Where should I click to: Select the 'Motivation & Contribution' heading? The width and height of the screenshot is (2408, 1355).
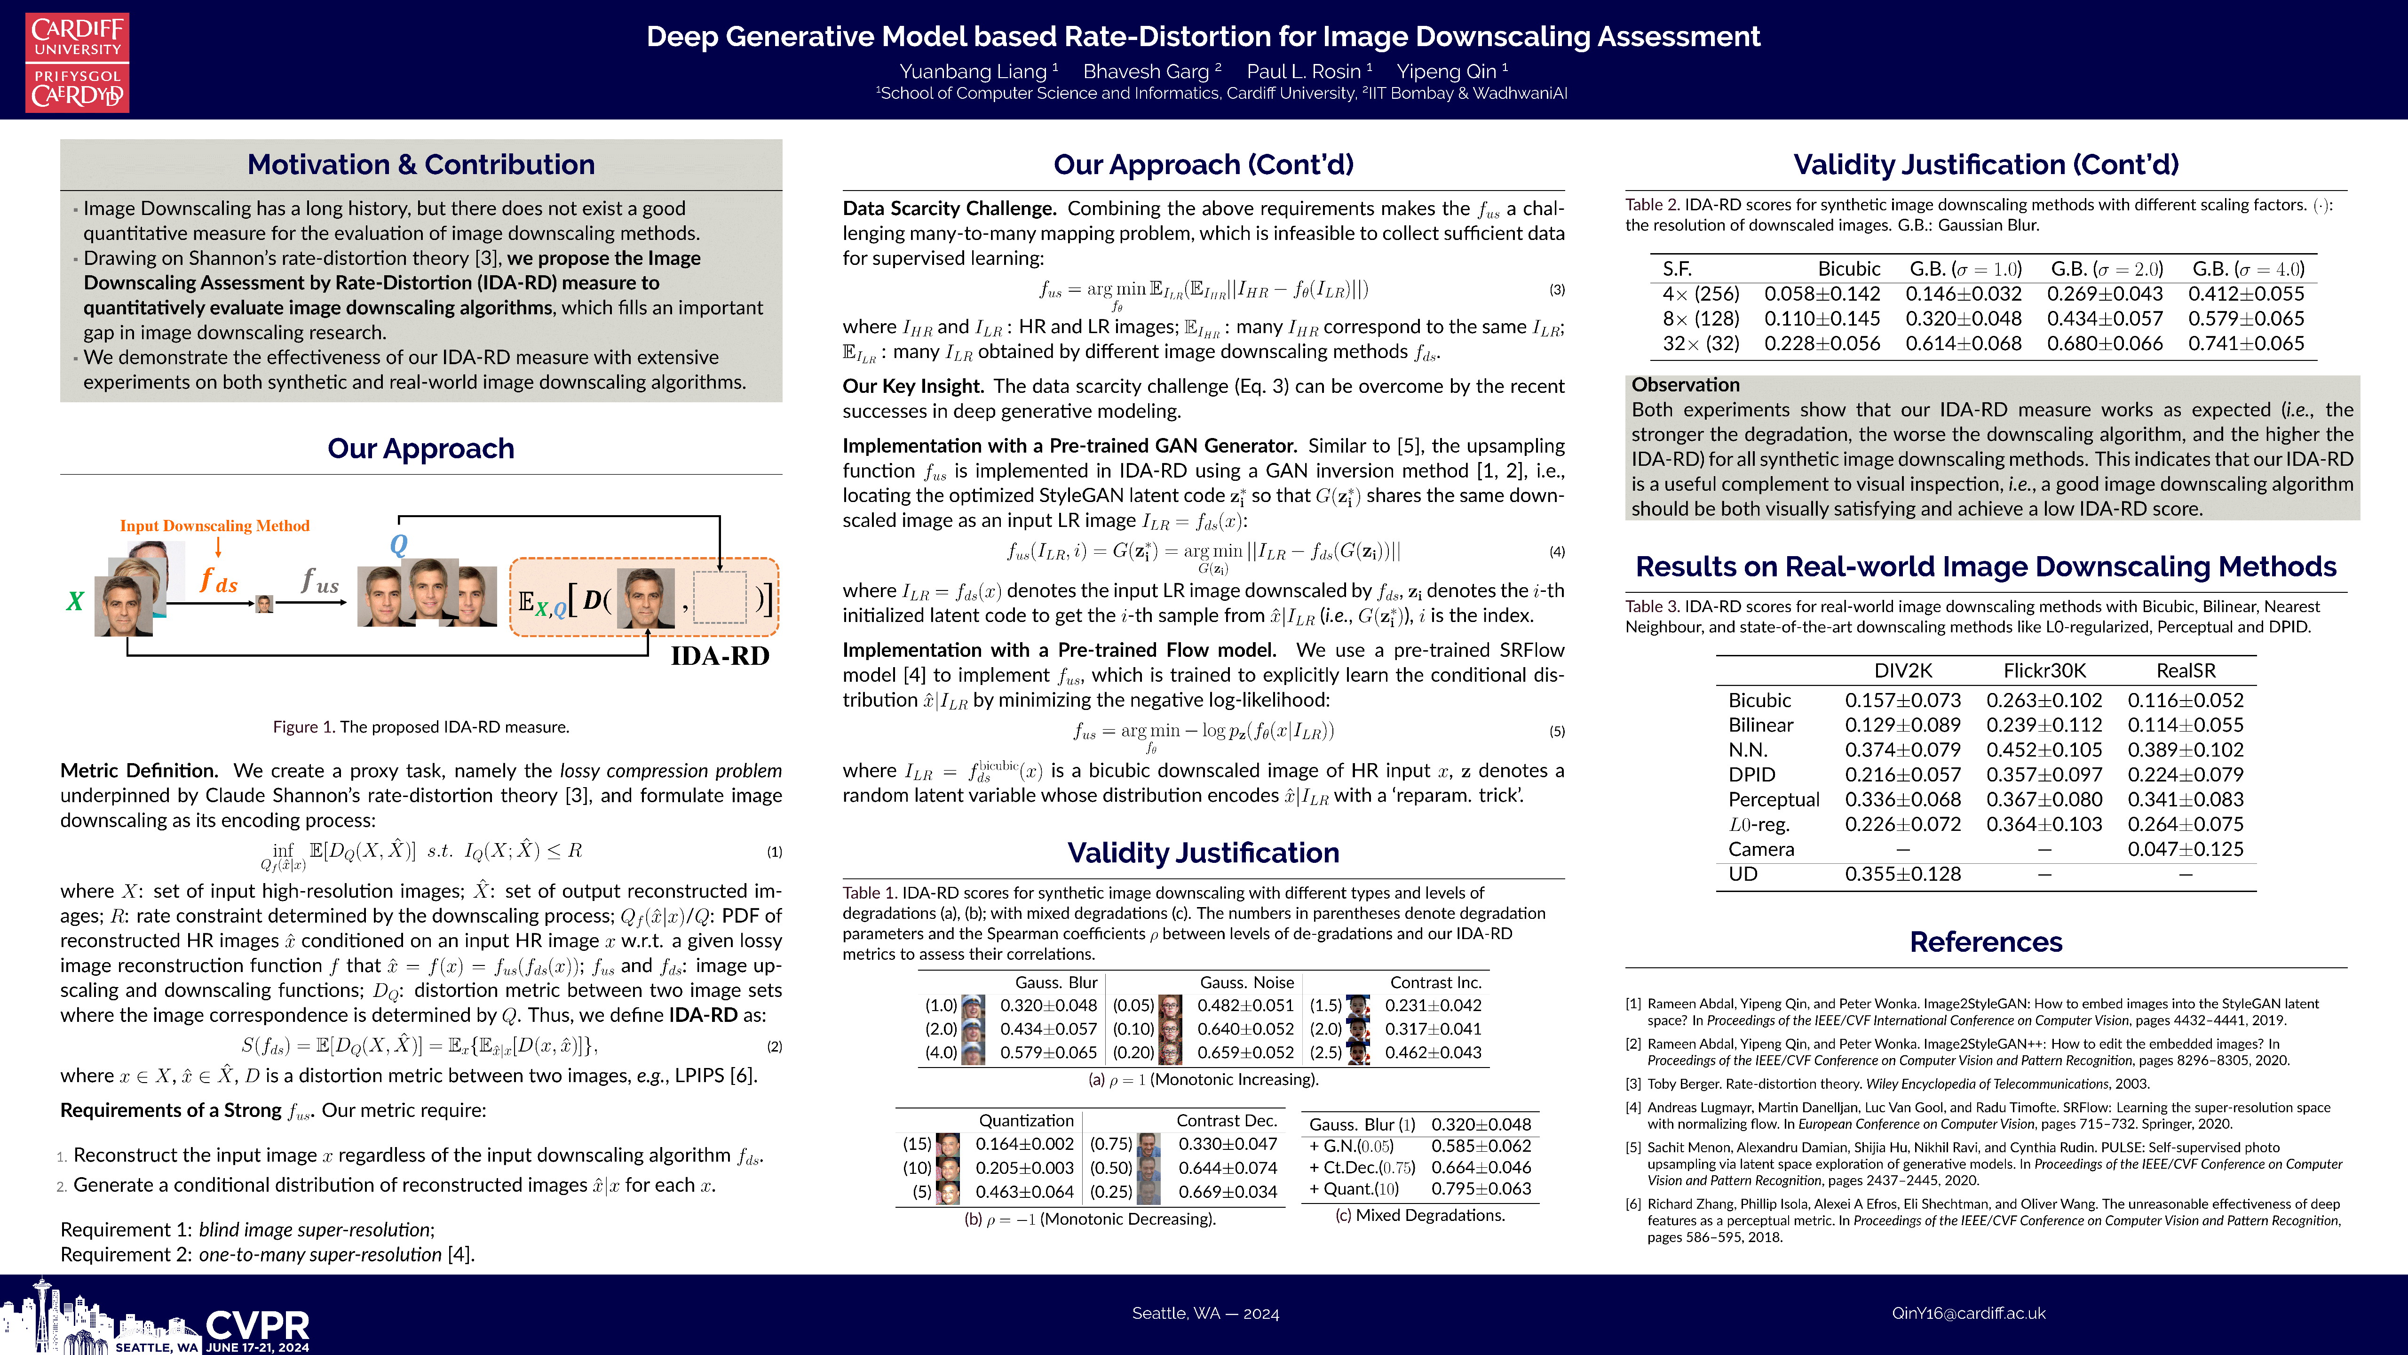click(x=420, y=165)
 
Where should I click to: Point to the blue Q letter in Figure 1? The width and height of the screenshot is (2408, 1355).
click(x=398, y=544)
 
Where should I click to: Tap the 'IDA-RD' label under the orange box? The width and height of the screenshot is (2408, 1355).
click(x=720, y=655)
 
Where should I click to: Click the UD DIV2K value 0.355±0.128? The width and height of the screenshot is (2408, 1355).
click(x=1902, y=873)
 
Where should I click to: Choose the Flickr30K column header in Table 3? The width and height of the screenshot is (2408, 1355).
click(x=2044, y=670)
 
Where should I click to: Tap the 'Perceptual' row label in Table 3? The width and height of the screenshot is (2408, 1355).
click(x=1773, y=799)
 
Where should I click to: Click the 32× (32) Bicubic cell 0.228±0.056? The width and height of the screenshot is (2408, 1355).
click(x=1822, y=343)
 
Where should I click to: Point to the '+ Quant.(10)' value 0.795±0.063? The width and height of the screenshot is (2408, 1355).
click(x=1481, y=1188)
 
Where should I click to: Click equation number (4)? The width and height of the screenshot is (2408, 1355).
click(x=1556, y=552)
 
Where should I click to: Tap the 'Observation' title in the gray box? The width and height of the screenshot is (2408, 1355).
click(x=1686, y=384)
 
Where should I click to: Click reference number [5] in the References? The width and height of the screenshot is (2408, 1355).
click(x=1633, y=1148)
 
